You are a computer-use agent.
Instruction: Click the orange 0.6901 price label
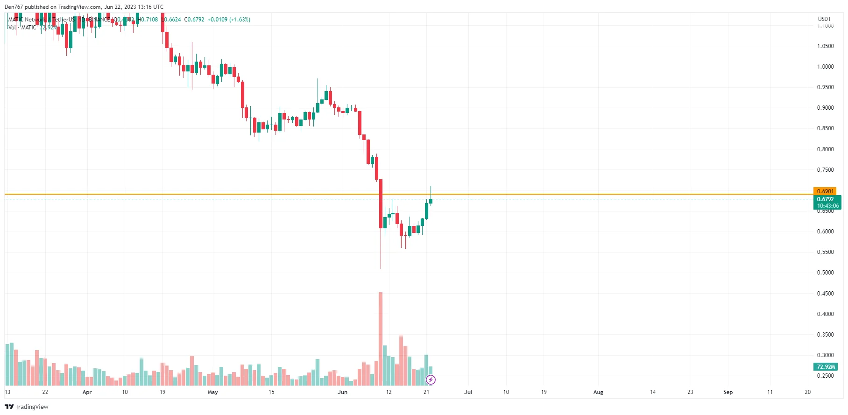tap(825, 191)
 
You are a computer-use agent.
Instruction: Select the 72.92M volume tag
tap(826, 367)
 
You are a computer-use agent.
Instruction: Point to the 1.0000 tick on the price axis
tap(825, 67)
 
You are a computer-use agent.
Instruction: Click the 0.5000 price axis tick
tap(825, 273)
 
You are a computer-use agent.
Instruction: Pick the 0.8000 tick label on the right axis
tap(825, 149)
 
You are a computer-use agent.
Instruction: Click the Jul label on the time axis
tap(468, 392)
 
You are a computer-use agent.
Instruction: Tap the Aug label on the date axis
tap(598, 392)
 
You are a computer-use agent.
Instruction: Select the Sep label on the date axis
tap(728, 392)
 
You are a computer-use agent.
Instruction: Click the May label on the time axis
tap(212, 392)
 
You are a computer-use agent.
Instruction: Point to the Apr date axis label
tap(87, 392)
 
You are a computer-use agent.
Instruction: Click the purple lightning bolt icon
tap(431, 380)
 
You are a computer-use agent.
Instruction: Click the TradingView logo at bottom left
tap(27, 407)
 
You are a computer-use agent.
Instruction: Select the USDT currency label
tap(824, 19)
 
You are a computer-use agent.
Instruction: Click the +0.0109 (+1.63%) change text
tap(229, 20)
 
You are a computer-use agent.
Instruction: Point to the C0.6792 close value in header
tap(194, 20)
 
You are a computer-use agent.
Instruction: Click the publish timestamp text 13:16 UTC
tap(150, 7)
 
